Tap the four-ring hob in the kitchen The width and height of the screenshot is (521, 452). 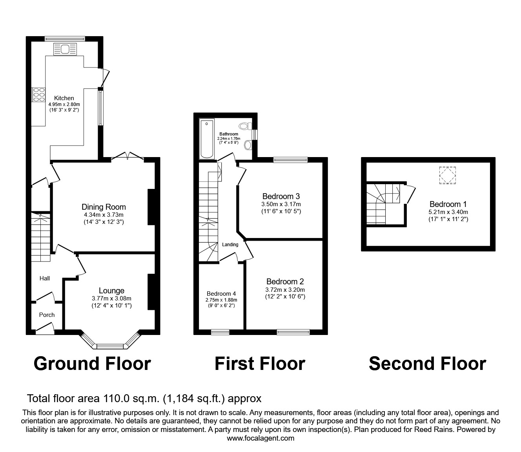pyautogui.click(x=39, y=95)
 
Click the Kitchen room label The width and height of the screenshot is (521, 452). pyautogui.click(x=64, y=98)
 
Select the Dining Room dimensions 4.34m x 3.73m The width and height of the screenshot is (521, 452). pyautogui.click(x=104, y=215)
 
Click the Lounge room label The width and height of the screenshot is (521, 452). pyautogui.click(x=111, y=291)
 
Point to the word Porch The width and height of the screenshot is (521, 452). pyautogui.click(x=47, y=315)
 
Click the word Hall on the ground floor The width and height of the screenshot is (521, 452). pyautogui.click(x=45, y=278)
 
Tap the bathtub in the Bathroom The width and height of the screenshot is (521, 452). pyautogui.click(x=206, y=139)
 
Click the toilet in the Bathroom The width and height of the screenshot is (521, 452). pyautogui.click(x=244, y=126)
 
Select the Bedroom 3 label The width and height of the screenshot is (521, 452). pyautogui.click(x=281, y=196)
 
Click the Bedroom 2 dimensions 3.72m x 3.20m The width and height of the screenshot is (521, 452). pyautogui.click(x=285, y=289)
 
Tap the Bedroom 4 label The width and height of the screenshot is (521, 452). pyautogui.click(x=221, y=294)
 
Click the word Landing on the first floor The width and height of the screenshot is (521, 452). pyautogui.click(x=230, y=245)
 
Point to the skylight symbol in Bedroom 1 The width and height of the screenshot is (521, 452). pyautogui.click(x=448, y=175)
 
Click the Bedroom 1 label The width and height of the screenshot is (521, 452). pyautogui.click(x=448, y=204)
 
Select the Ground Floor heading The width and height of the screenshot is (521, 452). pyautogui.click(x=92, y=364)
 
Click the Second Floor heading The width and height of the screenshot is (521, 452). pyautogui.click(x=427, y=364)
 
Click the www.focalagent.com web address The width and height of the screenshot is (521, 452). pyautogui.click(x=260, y=438)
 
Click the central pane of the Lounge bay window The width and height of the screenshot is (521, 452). pyautogui.click(x=110, y=346)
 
